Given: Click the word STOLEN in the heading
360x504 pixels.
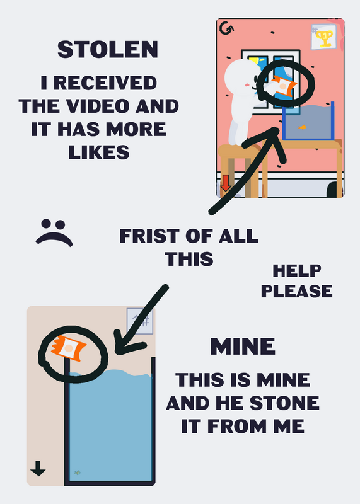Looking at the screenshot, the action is point(108,50).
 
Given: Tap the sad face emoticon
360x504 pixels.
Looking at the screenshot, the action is point(54,232).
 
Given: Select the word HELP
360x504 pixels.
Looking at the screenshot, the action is point(296,271).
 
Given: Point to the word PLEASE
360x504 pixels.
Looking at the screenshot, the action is point(296,291).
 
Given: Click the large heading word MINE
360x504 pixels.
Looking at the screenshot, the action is point(243,346).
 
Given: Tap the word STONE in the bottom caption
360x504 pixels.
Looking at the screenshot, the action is point(284,403).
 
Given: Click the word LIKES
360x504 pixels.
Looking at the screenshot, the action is point(99,152).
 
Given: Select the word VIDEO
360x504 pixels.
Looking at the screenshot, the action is point(100,106).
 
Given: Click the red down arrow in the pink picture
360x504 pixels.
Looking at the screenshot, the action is point(226,183).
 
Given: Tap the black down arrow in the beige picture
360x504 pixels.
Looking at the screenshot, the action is point(38,468).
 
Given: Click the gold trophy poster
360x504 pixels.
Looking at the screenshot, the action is point(323,37).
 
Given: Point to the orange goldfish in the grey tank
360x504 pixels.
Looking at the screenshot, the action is point(302,127).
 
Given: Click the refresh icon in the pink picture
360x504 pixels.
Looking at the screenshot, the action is point(226,28).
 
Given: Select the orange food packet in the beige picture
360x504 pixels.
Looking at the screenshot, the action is point(69,348).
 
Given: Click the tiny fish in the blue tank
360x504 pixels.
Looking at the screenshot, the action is point(78,472).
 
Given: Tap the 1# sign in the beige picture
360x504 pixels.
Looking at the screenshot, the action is point(140,321).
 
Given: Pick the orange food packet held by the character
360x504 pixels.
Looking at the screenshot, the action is point(284,86).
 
